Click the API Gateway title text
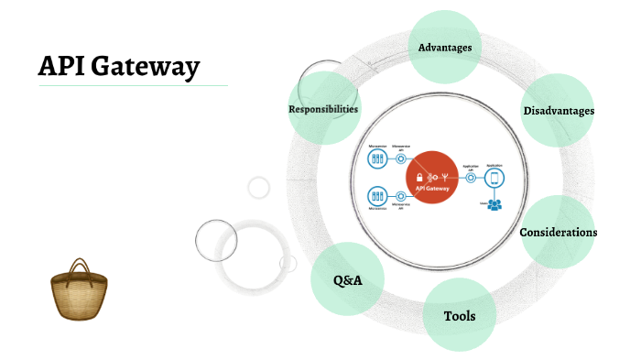[119, 66]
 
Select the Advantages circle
[444, 47]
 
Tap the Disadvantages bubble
[558, 111]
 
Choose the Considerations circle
[558, 232]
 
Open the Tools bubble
[459, 316]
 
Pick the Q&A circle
[347, 279]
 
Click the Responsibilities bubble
[323, 109]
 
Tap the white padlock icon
[418, 176]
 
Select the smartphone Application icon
[495, 177]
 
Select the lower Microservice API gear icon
[401, 194]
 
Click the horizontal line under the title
[133, 86]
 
